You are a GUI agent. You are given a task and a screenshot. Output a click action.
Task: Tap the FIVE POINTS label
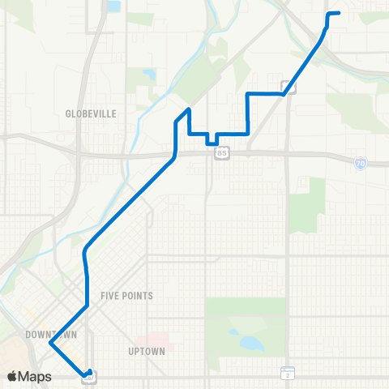[x=126, y=296]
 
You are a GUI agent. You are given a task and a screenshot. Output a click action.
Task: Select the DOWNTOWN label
[x=50, y=334]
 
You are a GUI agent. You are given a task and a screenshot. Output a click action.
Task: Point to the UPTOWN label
[x=147, y=351]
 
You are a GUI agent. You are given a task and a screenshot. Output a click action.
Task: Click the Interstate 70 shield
[x=360, y=163]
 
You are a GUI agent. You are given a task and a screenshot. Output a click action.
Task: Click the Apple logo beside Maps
[x=12, y=377]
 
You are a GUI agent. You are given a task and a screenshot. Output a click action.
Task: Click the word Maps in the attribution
[x=36, y=377]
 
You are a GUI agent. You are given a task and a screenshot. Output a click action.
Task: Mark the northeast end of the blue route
[x=338, y=13]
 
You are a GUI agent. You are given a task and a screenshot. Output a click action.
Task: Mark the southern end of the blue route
[x=87, y=374]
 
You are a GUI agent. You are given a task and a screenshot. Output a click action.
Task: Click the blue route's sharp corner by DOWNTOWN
[x=50, y=343]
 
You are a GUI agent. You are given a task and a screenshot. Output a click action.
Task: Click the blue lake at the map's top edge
[x=113, y=6]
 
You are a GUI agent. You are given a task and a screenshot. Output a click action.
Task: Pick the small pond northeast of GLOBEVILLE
[x=148, y=75]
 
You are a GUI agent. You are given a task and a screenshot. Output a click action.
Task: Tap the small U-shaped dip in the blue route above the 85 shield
[x=211, y=140]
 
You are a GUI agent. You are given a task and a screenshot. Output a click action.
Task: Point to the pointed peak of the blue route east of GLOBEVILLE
[x=188, y=109]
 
